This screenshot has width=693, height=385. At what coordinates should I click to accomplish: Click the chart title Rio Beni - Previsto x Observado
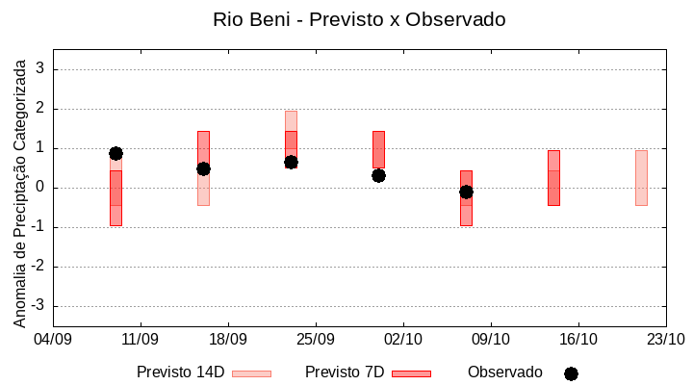[x=359, y=19]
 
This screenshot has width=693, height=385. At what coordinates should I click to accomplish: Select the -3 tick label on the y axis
[x=38, y=306]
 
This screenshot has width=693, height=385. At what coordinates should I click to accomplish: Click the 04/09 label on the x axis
[x=53, y=339]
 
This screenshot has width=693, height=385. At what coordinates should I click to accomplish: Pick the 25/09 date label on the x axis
[x=315, y=339]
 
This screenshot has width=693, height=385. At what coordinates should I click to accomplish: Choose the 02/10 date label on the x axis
[x=402, y=339]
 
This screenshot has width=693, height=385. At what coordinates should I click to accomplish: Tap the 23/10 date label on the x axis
[x=665, y=339]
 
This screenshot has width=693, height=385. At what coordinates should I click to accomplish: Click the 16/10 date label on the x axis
[x=577, y=339]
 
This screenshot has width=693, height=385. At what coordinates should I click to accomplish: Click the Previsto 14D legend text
[x=180, y=372]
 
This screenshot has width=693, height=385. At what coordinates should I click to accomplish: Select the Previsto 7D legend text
[x=345, y=372]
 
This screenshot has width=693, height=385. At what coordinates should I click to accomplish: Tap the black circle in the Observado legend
[x=571, y=373]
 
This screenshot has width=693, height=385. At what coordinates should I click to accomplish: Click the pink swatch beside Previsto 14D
[x=251, y=373]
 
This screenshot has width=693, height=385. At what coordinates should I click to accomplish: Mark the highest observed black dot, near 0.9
[x=115, y=153]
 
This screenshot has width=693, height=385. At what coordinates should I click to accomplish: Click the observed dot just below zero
[x=466, y=192]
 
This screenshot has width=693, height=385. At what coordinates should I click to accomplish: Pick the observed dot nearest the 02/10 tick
[x=378, y=175]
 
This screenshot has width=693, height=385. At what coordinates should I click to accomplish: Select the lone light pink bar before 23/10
[x=641, y=178]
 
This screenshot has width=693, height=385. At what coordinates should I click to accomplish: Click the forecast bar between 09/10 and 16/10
[x=553, y=178]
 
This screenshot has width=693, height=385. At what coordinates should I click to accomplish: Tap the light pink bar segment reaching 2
[x=291, y=120]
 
